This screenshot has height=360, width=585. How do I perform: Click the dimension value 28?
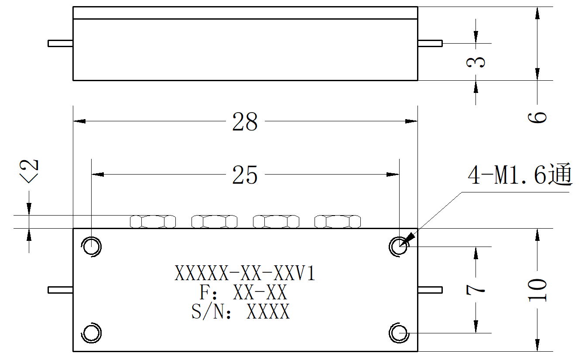tap(245, 122)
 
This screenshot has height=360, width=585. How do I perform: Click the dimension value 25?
tap(245, 175)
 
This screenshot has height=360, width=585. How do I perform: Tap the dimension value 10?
tap(537, 290)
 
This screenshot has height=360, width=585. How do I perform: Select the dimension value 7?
tap(476, 289)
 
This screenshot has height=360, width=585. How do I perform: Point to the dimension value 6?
tap(537, 117)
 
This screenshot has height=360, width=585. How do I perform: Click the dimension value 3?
tap(476, 62)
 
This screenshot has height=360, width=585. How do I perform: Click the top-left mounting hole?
tap(91, 247)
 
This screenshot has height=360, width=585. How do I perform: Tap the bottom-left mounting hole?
tap(91, 333)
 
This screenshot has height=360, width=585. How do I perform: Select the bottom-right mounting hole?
tap(399, 333)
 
